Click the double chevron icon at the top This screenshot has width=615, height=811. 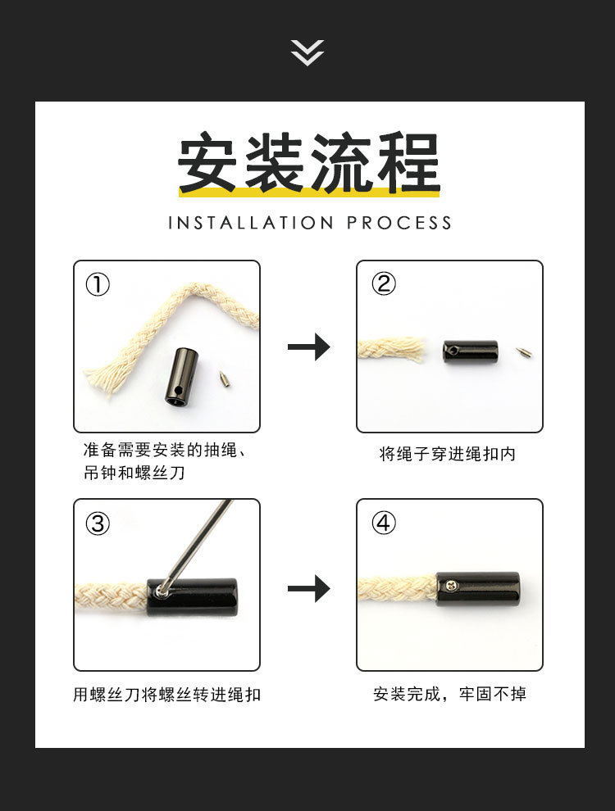point(307,52)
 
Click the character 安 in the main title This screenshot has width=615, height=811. point(210,163)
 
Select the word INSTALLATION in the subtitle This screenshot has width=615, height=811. point(250,223)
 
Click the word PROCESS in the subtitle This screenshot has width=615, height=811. point(399,223)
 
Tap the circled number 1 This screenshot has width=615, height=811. point(98,285)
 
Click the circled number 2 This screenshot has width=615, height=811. point(383,284)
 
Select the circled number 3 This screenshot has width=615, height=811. point(98,523)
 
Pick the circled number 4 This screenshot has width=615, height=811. point(383,523)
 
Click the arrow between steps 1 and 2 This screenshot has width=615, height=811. point(308,347)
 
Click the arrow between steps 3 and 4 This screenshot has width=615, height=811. point(308,588)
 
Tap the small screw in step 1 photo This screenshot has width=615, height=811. point(224,378)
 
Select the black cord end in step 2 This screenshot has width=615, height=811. point(471,352)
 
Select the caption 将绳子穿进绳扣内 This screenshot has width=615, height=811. point(448,454)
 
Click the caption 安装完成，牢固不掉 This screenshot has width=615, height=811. point(449,695)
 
